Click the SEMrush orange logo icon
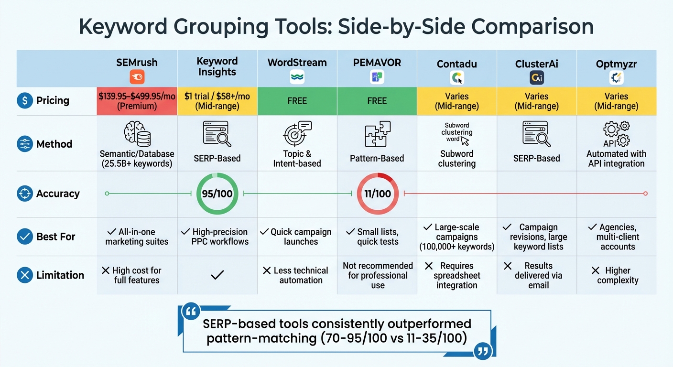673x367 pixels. (137, 77)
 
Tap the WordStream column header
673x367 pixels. (297, 63)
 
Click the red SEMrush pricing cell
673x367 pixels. (137, 101)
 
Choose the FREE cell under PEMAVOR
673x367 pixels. (377, 101)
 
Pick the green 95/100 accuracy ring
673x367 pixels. (217, 194)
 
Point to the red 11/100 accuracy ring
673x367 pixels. (378, 194)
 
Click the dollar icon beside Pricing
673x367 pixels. (24, 100)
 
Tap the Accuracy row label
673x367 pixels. (57, 194)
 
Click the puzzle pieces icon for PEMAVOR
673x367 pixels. (377, 134)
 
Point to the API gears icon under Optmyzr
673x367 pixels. (617, 134)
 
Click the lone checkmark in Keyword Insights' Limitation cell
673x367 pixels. (217, 275)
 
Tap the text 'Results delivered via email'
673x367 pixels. (539, 275)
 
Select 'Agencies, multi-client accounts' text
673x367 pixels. (618, 237)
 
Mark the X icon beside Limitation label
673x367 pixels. (24, 275)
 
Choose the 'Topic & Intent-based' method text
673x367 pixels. (297, 159)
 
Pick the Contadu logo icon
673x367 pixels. (456, 78)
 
